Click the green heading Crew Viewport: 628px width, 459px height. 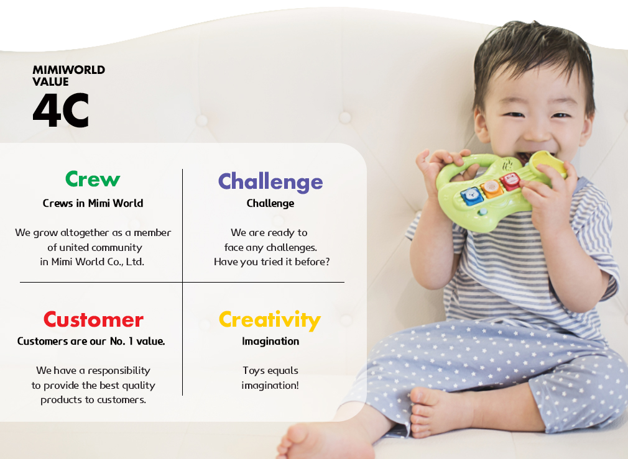click(x=93, y=179)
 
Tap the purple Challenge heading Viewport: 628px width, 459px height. click(x=270, y=182)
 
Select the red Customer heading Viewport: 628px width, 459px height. click(x=93, y=319)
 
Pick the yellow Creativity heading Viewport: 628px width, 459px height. click(x=270, y=320)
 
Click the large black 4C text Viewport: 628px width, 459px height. click(x=60, y=110)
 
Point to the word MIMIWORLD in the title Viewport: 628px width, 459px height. click(x=68, y=70)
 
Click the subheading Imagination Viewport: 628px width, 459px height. click(x=270, y=342)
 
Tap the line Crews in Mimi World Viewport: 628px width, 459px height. click(x=93, y=203)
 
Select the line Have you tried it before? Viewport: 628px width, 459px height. click(x=272, y=261)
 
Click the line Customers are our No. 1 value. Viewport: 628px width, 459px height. click(x=91, y=342)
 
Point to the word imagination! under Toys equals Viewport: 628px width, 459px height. click(x=270, y=385)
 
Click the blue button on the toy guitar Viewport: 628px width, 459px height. click(x=472, y=196)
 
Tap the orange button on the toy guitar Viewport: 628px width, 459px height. click(x=491, y=188)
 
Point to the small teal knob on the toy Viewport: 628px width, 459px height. click(x=483, y=211)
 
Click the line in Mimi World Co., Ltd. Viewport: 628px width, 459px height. click(x=92, y=261)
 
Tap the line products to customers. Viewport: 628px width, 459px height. click(x=93, y=400)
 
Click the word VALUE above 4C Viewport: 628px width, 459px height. click(x=50, y=81)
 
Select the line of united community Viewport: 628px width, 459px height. click(x=95, y=248)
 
